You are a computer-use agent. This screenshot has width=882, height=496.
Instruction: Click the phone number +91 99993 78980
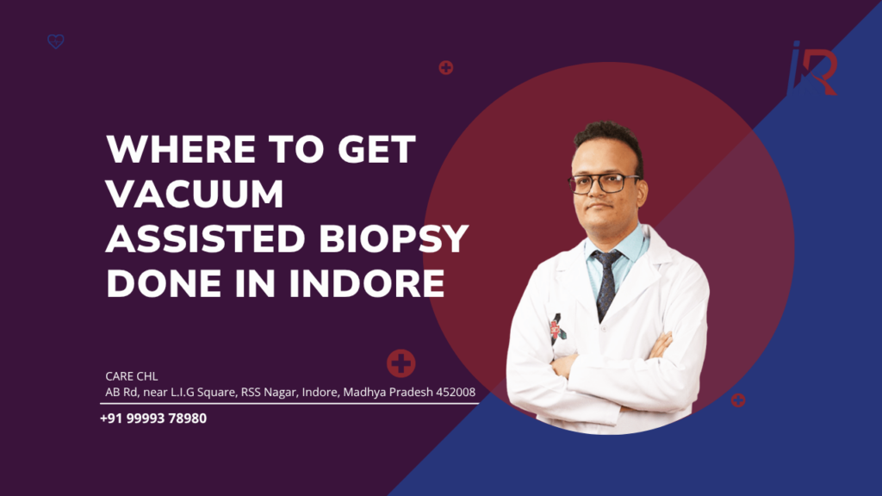click(153, 418)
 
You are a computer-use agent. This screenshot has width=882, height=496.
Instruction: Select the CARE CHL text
click(132, 376)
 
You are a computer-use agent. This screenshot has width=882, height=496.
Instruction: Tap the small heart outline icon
click(56, 41)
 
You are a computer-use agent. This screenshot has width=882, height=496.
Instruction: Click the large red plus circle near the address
click(401, 363)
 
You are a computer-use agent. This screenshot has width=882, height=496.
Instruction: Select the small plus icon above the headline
click(445, 67)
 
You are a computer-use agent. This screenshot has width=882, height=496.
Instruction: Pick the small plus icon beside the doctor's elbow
click(738, 400)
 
